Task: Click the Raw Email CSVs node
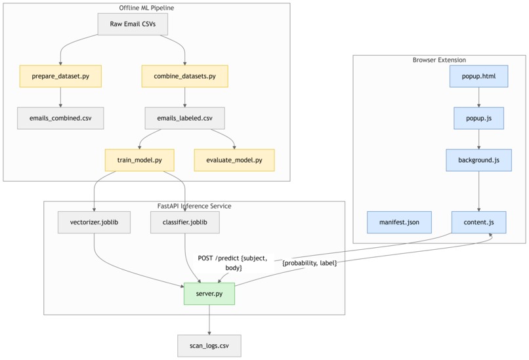pyautogui.click(x=133, y=24)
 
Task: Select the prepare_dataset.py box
pyautogui.click(x=60, y=76)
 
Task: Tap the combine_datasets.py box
pyautogui.click(x=184, y=76)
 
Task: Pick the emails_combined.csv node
pyautogui.click(x=60, y=119)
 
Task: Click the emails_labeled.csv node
pyautogui.click(x=184, y=119)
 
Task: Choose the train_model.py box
pyautogui.click(x=139, y=160)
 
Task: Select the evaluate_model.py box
pyautogui.click(x=234, y=160)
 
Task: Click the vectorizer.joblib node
pyautogui.click(x=95, y=222)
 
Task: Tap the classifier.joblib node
pyautogui.click(x=184, y=222)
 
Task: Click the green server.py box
pyautogui.click(x=209, y=294)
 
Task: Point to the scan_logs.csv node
pyautogui.click(x=209, y=346)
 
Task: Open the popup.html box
pyautogui.click(x=478, y=76)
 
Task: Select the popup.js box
pyautogui.click(x=478, y=119)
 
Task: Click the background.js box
pyautogui.click(x=478, y=160)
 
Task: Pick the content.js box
pyautogui.click(x=478, y=222)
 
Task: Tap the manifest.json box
pyautogui.click(x=399, y=222)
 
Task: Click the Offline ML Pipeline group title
pyautogui.click(x=146, y=8)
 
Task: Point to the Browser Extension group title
pyautogui.click(x=439, y=60)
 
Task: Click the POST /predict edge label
pyautogui.click(x=232, y=263)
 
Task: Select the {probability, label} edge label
pyautogui.click(x=309, y=263)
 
